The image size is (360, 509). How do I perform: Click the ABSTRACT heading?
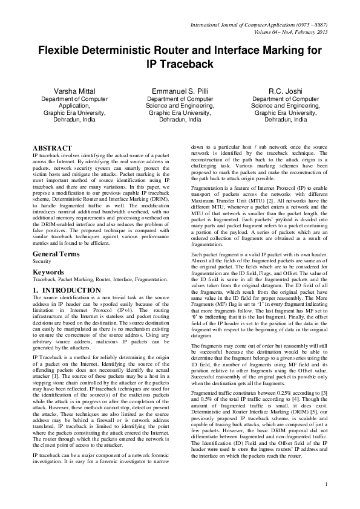point(53,148)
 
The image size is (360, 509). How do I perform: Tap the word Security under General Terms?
point(42,261)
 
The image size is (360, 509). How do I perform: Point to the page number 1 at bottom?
point(326,501)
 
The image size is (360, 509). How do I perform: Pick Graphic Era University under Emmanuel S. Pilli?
point(180,112)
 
